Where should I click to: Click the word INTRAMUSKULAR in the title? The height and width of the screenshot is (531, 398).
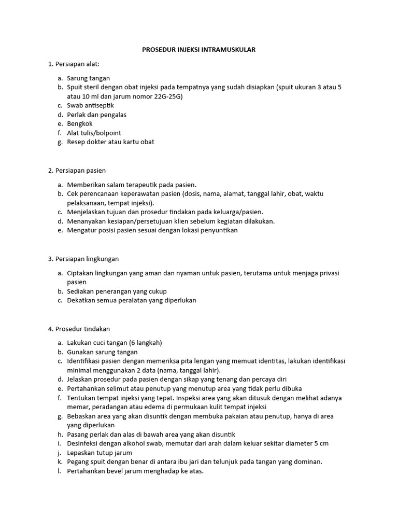231,49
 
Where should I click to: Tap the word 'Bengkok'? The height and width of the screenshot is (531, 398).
80,123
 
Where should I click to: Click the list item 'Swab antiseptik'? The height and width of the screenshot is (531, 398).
91,105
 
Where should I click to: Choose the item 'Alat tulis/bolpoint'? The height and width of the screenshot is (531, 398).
94,133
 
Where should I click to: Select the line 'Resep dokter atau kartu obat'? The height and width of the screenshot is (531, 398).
110,142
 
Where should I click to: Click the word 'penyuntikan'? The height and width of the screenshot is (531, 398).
218,230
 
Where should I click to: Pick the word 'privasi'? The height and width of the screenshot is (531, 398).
328,273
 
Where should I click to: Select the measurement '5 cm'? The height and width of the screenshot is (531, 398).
322,443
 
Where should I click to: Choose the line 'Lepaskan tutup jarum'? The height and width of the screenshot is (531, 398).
98,453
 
